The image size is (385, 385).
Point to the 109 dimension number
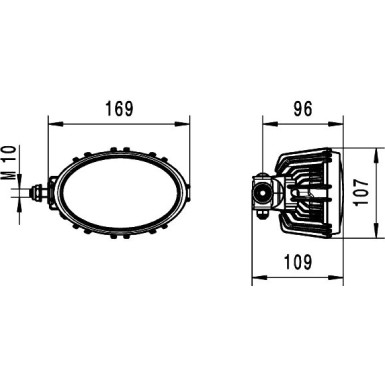300,262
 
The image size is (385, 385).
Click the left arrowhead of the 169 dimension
53,125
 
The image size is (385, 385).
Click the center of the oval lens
120,191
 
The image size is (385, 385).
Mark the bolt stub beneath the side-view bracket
262,212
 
